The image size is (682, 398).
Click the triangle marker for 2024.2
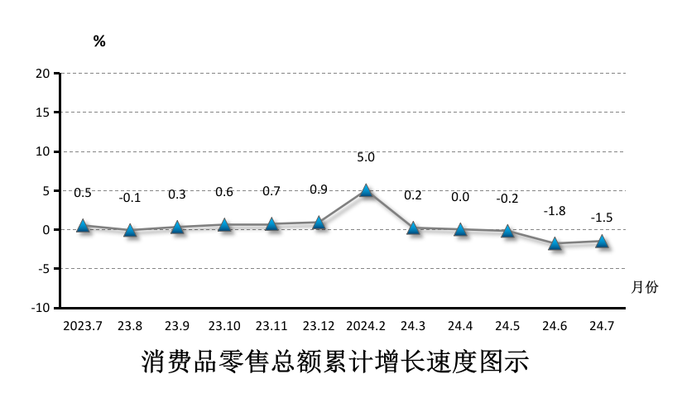point(366,190)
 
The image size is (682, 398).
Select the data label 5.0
point(366,157)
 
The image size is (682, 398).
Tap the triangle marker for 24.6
point(555,243)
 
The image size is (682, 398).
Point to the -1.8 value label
point(555,211)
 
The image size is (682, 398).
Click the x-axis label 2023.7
point(83,326)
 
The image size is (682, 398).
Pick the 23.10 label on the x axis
point(224,326)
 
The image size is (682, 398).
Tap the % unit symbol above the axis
point(99,41)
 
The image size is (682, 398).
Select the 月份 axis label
point(645,287)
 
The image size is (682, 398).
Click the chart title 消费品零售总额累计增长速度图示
point(335,362)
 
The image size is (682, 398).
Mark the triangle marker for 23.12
point(319,222)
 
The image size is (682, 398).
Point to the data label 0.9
point(319,189)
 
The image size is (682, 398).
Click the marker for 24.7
point(602,241)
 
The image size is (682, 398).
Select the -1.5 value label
point(602,218)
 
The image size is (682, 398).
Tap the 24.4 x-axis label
point(460,326)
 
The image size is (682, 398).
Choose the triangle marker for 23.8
point(130,230)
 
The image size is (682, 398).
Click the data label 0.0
point(460,197)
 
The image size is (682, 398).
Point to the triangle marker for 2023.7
point(83,225)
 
